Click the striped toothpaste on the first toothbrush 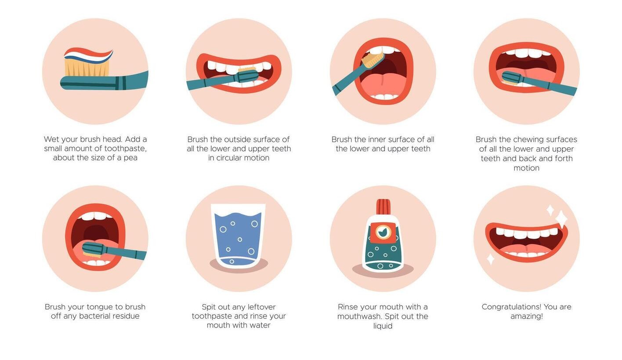coord(88,55)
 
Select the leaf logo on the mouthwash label coord(383,232)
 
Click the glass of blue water coord(238,236)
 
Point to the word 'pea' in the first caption coord(130,158)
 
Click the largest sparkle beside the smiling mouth coord(561,218)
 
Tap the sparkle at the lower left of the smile coord(490,259)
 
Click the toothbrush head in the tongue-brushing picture coord(93,249)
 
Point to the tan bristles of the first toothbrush coord(87,68)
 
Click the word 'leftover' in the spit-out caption coord(262,307)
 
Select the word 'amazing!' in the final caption coord(527,316)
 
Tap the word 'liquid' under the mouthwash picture coord(383,326)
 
